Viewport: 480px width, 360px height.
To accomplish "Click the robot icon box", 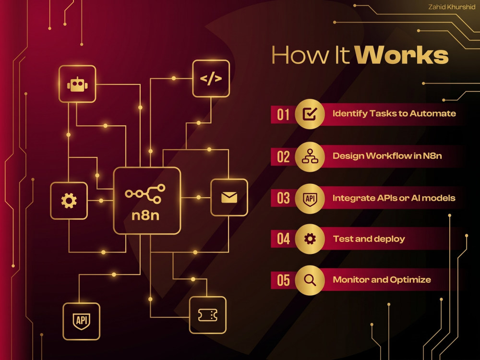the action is [77, 84].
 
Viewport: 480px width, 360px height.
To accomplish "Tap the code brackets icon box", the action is [211, 79].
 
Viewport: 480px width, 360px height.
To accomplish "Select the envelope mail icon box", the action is [229, 197].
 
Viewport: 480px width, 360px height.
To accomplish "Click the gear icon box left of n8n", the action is [69, 201].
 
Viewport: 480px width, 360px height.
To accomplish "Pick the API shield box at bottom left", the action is [82, 321].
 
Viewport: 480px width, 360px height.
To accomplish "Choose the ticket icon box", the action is [208, 315].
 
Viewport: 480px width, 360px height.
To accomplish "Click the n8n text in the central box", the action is [145, 216].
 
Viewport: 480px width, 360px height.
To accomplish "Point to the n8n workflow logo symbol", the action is [145, 194].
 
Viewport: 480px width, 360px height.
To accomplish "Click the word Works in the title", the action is [402, 55].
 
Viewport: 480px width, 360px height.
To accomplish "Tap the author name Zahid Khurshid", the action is [452, 7].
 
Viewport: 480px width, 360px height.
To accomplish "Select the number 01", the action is [283, 115].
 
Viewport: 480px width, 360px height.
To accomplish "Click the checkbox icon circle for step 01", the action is [310, 114].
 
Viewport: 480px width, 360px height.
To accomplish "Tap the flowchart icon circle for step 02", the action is [310, 156].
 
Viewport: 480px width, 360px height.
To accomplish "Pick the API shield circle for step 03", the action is [310, 198].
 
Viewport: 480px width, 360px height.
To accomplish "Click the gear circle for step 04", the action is [310, 239].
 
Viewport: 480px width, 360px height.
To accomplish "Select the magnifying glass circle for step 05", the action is [310, 280].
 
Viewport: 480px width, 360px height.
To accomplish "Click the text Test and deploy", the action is [369, 239].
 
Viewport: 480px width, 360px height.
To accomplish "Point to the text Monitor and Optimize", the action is [382, 279].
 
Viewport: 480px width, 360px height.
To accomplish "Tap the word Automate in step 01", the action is [432, 114].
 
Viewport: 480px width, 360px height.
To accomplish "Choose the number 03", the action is [283, 198].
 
